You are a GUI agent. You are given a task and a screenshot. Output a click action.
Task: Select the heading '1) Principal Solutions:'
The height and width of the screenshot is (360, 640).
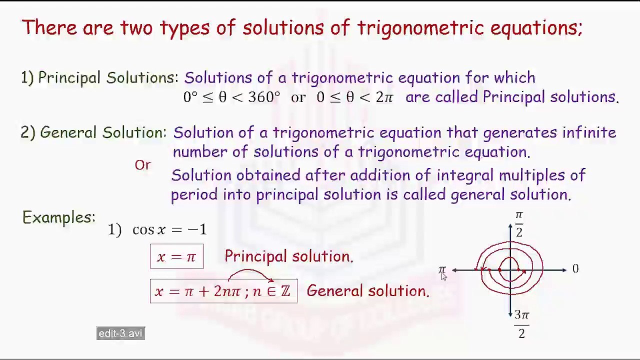(99, 78)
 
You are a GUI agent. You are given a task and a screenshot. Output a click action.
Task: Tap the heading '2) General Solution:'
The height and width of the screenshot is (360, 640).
(93, 132)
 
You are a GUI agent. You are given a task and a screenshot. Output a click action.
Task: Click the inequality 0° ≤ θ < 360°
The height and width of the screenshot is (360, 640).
(231, 97)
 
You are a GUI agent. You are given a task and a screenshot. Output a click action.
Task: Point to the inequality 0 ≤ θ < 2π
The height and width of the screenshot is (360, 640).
(355, 97)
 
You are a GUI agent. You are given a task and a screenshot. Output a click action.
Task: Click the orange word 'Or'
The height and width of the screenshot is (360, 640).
(142, 165)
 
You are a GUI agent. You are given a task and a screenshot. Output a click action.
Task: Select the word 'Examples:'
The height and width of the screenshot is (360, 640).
(59, 217)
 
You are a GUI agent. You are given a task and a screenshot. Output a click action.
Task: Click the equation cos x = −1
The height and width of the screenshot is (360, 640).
(169, 229)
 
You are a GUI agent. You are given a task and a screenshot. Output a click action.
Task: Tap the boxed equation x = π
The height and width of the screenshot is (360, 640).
(176, 256)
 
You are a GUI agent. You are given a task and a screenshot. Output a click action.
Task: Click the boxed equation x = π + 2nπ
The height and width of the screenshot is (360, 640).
(223, 291)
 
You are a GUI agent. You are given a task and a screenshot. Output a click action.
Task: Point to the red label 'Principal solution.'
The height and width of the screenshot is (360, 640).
(288, 256)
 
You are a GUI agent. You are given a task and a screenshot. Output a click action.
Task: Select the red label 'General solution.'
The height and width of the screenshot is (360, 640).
(367, 291)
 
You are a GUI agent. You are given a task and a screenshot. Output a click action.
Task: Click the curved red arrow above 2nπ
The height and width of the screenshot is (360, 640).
(250, 273)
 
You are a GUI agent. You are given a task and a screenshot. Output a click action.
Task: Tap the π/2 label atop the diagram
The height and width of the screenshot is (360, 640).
(519, 223)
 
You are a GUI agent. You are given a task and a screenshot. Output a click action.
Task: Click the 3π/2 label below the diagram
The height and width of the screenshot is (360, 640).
(521, 324)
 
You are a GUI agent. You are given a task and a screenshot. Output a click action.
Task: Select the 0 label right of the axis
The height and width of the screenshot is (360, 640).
(575, 269)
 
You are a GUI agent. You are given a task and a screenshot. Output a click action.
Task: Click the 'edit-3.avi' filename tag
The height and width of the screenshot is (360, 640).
(120, 333)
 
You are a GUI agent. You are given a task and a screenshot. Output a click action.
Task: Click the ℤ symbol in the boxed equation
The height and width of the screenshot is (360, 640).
(285, 291)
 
